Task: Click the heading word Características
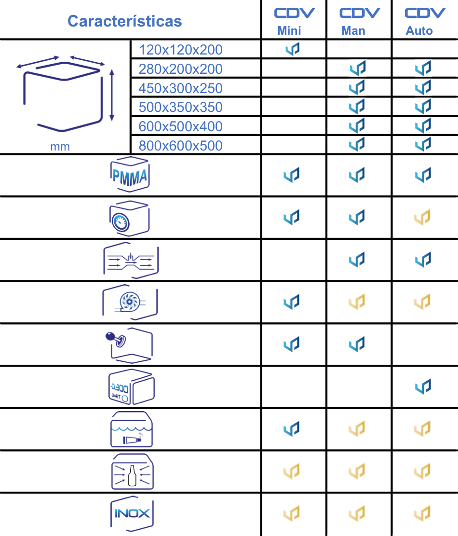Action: coord(125,21)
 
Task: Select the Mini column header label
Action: coord(289,31)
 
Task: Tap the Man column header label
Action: coord(353,31)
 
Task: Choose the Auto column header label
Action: coord(419,31)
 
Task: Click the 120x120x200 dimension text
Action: coord(180,50)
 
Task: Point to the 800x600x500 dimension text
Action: coord(180,145)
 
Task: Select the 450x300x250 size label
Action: coord(180,88)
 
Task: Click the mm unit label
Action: coord(60,147)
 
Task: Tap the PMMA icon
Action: coord(130,175)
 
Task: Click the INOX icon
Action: coord(131,513)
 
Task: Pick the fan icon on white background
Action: coord(130,302)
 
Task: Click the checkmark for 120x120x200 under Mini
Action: coord(292,49)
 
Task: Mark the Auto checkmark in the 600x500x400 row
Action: coord(423,125)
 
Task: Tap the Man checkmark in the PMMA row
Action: coord(357,175)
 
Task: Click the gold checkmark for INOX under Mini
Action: coord(292,513)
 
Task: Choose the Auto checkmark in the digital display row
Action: coord(423,386)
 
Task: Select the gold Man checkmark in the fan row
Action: coord(357,302)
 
